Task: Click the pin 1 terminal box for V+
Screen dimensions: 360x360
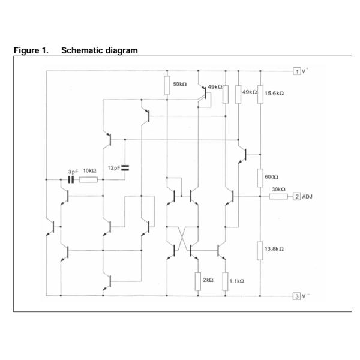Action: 296,71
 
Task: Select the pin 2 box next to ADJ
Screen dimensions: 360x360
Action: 296,197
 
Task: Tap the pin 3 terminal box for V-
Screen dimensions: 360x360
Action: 296,296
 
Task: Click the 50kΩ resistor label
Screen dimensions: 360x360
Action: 181,85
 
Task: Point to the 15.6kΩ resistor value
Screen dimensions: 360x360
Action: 274,94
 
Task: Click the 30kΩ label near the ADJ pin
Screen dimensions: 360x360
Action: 278,190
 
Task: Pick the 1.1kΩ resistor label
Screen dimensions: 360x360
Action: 237,280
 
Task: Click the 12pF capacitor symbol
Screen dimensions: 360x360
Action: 125,167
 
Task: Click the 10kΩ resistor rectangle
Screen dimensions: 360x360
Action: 88,179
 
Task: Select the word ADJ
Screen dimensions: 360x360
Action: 308,197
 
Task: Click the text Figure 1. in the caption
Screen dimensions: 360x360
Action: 31,50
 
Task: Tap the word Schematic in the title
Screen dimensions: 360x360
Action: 81,50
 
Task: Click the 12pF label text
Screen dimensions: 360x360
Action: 113,167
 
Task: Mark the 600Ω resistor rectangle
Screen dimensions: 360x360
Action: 260,178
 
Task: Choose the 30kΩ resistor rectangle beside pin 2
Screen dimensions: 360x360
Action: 278,196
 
